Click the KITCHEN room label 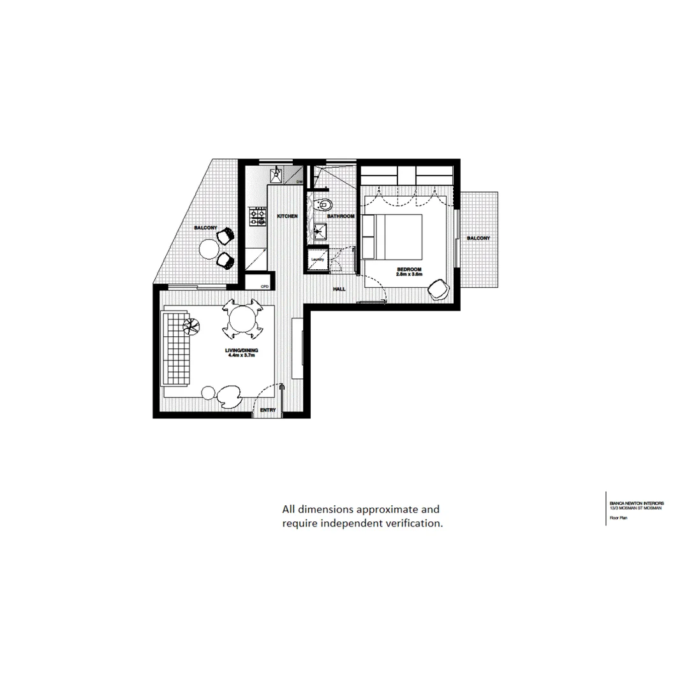click(x=287, y=217)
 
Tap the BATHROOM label click(x=341, y=217)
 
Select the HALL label click(x=339, y=290)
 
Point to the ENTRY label click(x=269, y=410)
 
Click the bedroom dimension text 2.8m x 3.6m click(x=410, y=274)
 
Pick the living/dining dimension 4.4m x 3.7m click(x=241, y=355)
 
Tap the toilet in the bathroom click(x=324, y=205)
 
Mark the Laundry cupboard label click(x=318, y=260)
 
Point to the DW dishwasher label click(x=299, y=182)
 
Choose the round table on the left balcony click(x=209, y=248)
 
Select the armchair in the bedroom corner click(x=438, y=289)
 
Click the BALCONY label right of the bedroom click(x=478, y=239)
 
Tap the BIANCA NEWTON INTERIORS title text click(x=635, y=503)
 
